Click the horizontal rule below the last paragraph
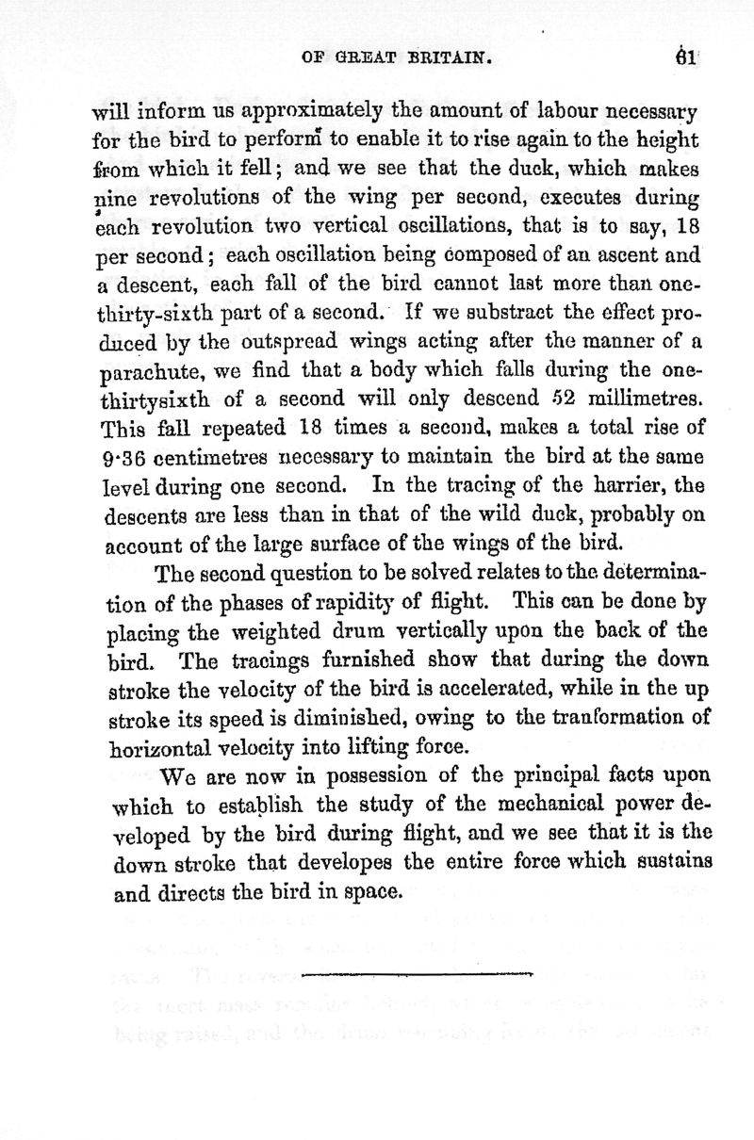(x=419, y=971)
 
